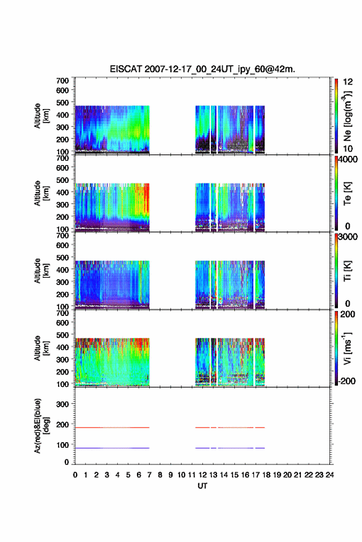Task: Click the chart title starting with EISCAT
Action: click(202, 69)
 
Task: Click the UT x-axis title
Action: click(202, 486)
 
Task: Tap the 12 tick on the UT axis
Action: click(202, 475)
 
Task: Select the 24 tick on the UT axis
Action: click(330, 475)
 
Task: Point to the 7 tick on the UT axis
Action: click(149, 475)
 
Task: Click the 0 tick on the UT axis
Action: click(75, 475)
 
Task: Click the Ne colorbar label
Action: click(347, 116)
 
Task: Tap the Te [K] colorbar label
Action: click(347, 193)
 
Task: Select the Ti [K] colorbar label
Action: click(347, 271)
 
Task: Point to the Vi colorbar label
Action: click(347, 349)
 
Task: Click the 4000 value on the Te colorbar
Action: click(348, 160)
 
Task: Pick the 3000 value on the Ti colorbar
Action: click(348, 237)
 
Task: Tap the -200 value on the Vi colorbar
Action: click(346, 381)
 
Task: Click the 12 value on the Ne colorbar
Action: click(348, 82)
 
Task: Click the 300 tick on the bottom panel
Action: click(62, 404)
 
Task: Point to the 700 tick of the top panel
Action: click(62, 81)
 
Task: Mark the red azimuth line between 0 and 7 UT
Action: click(112, 427)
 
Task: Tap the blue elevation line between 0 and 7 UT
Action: click(112, 448)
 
